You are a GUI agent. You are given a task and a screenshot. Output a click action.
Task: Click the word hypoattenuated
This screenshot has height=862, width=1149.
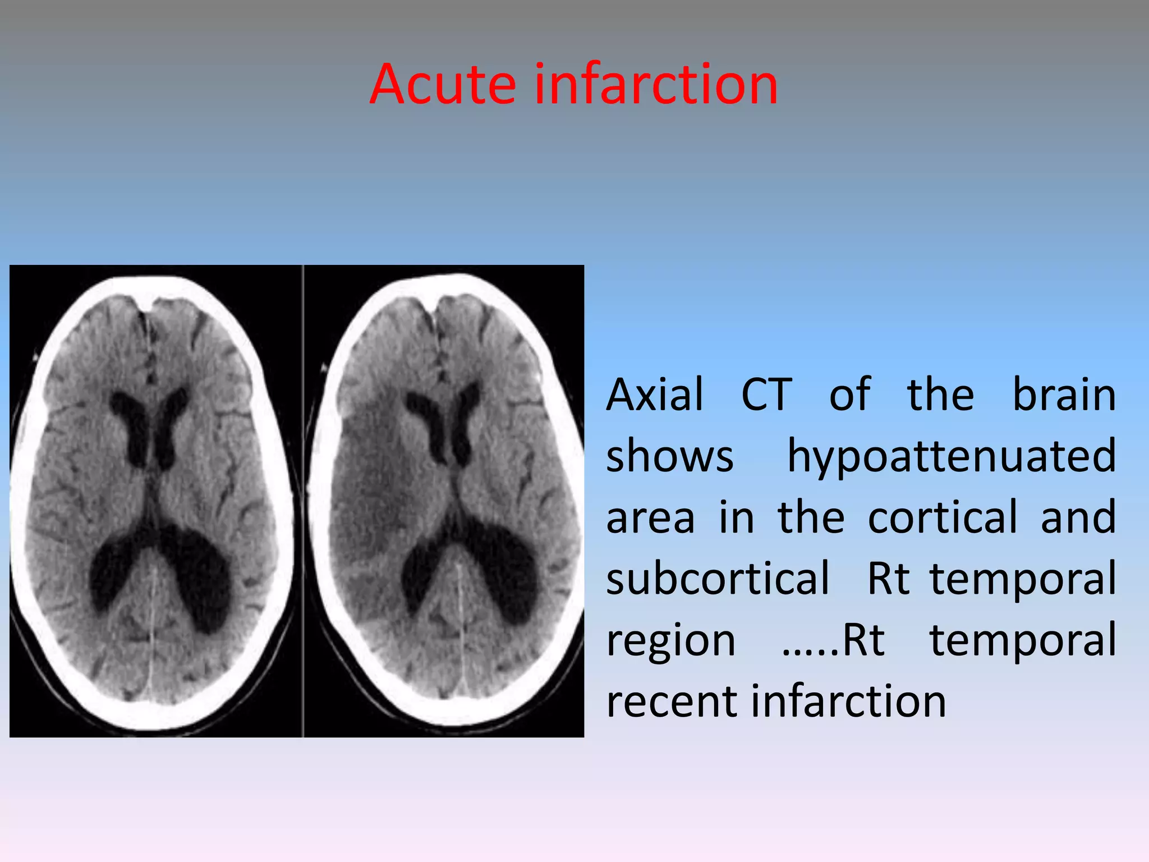coord(952,457)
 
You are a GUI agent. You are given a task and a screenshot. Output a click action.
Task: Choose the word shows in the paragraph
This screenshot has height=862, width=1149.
coord(669,456)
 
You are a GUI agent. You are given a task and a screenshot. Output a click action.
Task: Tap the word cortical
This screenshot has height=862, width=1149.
coord(943,517)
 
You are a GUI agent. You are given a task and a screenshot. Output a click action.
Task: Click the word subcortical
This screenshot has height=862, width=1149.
coord(718,579)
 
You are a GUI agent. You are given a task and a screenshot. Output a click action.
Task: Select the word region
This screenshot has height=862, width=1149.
coord(670,641)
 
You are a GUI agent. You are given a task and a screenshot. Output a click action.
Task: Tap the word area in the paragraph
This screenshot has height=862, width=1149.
coord(650,518)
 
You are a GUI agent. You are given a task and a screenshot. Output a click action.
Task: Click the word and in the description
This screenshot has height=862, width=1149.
coord(1078,517)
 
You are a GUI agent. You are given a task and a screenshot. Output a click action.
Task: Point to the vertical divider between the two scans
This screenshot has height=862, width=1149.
coord(303,499)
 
